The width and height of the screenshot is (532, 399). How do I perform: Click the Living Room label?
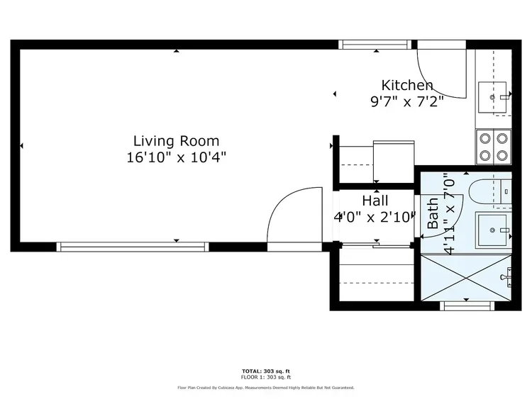tap(176, 141)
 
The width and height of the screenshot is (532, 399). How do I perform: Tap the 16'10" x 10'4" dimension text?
tap(176, 157)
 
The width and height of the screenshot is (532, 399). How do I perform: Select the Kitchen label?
tap(407, 86)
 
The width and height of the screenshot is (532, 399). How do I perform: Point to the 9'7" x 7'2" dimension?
tap(407, 101)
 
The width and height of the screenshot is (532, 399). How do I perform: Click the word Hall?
tap(375, 201)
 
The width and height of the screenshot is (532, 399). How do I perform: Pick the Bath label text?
tap(433, 213)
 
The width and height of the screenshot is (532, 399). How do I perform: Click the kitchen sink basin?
tap(492, 97)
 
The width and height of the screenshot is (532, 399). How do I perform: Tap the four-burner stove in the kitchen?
tap(494, 147)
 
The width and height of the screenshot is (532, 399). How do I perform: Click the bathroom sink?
tap(493, 230)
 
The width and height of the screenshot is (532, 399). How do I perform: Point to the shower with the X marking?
tap(466, 278)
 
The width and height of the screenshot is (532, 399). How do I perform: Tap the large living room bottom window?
tap(133, 247)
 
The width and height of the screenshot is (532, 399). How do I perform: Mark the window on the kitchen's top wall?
tap(375, 45)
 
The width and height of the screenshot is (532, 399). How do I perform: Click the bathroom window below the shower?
tap(467, 305)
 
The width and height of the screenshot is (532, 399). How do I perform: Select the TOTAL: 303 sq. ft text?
tap(266, 371)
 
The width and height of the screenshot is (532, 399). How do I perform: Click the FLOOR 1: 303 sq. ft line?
tap(266, 377)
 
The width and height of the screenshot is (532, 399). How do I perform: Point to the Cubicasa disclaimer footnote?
tap(266, 388)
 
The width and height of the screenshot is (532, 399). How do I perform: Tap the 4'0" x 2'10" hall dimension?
tap(375, 217)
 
